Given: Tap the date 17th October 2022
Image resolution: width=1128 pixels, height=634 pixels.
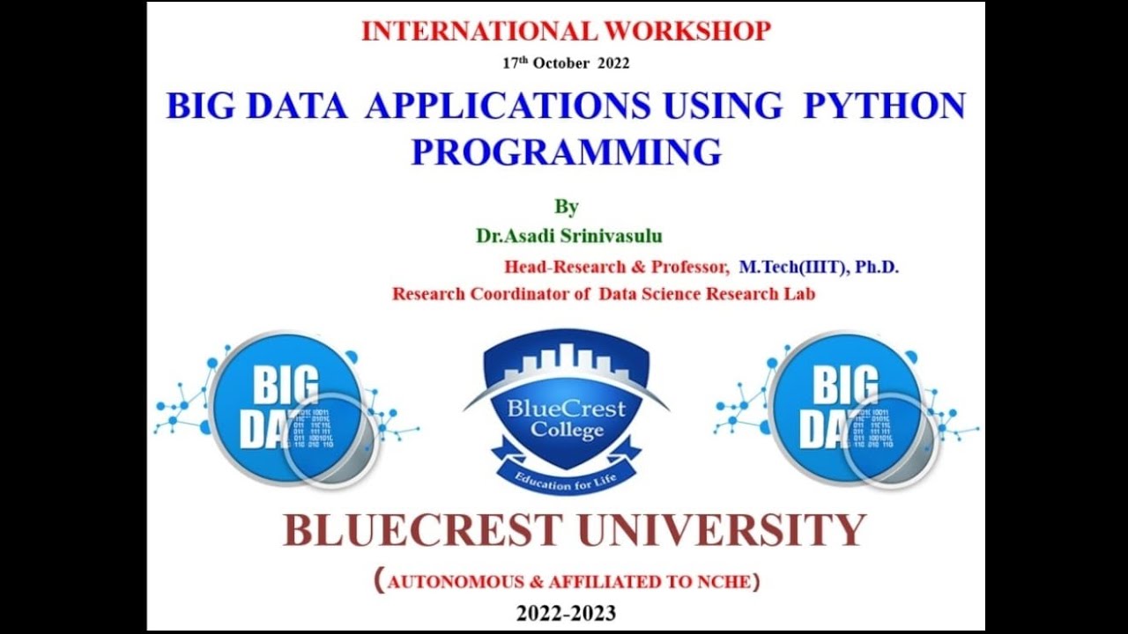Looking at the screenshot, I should pos(566,63).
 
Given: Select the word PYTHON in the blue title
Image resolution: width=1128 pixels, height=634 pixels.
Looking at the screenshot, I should pos(884,106).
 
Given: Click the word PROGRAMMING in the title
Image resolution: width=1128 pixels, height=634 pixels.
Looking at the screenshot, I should pos(566,151).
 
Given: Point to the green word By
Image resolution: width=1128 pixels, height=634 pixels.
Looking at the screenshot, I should pos(566,207).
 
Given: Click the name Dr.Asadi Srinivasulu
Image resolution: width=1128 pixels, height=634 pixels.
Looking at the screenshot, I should pos(569,236).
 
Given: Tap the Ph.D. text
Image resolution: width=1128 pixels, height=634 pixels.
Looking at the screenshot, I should pos(877,267).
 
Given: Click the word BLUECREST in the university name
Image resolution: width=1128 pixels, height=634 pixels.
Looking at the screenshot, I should pos(422,531).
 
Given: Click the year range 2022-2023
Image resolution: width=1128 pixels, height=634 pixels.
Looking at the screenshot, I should pos(566,613).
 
